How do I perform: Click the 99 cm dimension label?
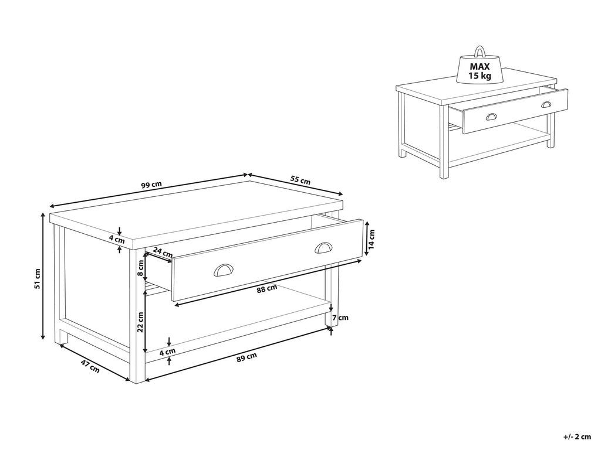151,184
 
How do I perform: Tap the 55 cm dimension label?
300,180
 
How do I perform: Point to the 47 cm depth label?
90,367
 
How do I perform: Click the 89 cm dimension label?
247,357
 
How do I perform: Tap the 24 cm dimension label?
163,253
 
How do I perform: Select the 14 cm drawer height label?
372,237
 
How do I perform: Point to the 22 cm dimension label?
140,321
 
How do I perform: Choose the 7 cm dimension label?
340,318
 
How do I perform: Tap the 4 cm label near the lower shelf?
168,352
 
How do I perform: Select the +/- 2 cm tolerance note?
576,437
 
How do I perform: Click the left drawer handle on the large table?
223,270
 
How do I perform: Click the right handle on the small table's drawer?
546,104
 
